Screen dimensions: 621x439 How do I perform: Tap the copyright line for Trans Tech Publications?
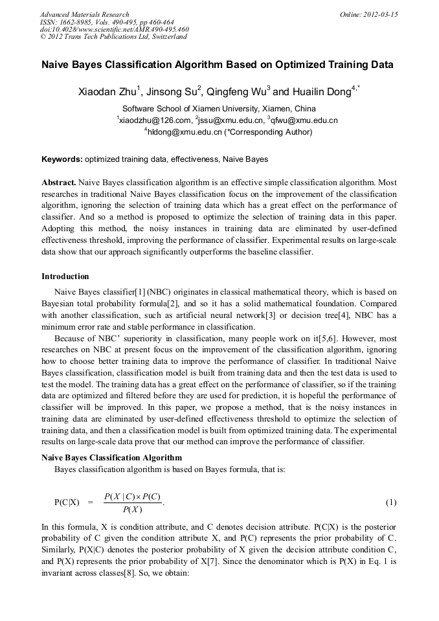(x=113, y=37)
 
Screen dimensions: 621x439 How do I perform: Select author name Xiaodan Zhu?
(x=106, y=93)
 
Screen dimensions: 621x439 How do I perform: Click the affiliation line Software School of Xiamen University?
(x=219, y=109)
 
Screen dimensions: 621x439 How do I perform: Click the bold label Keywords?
(x=62, y=159)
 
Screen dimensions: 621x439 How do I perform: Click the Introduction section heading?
(x=65, y=277)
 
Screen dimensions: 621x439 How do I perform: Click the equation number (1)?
(x=391, y=502)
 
